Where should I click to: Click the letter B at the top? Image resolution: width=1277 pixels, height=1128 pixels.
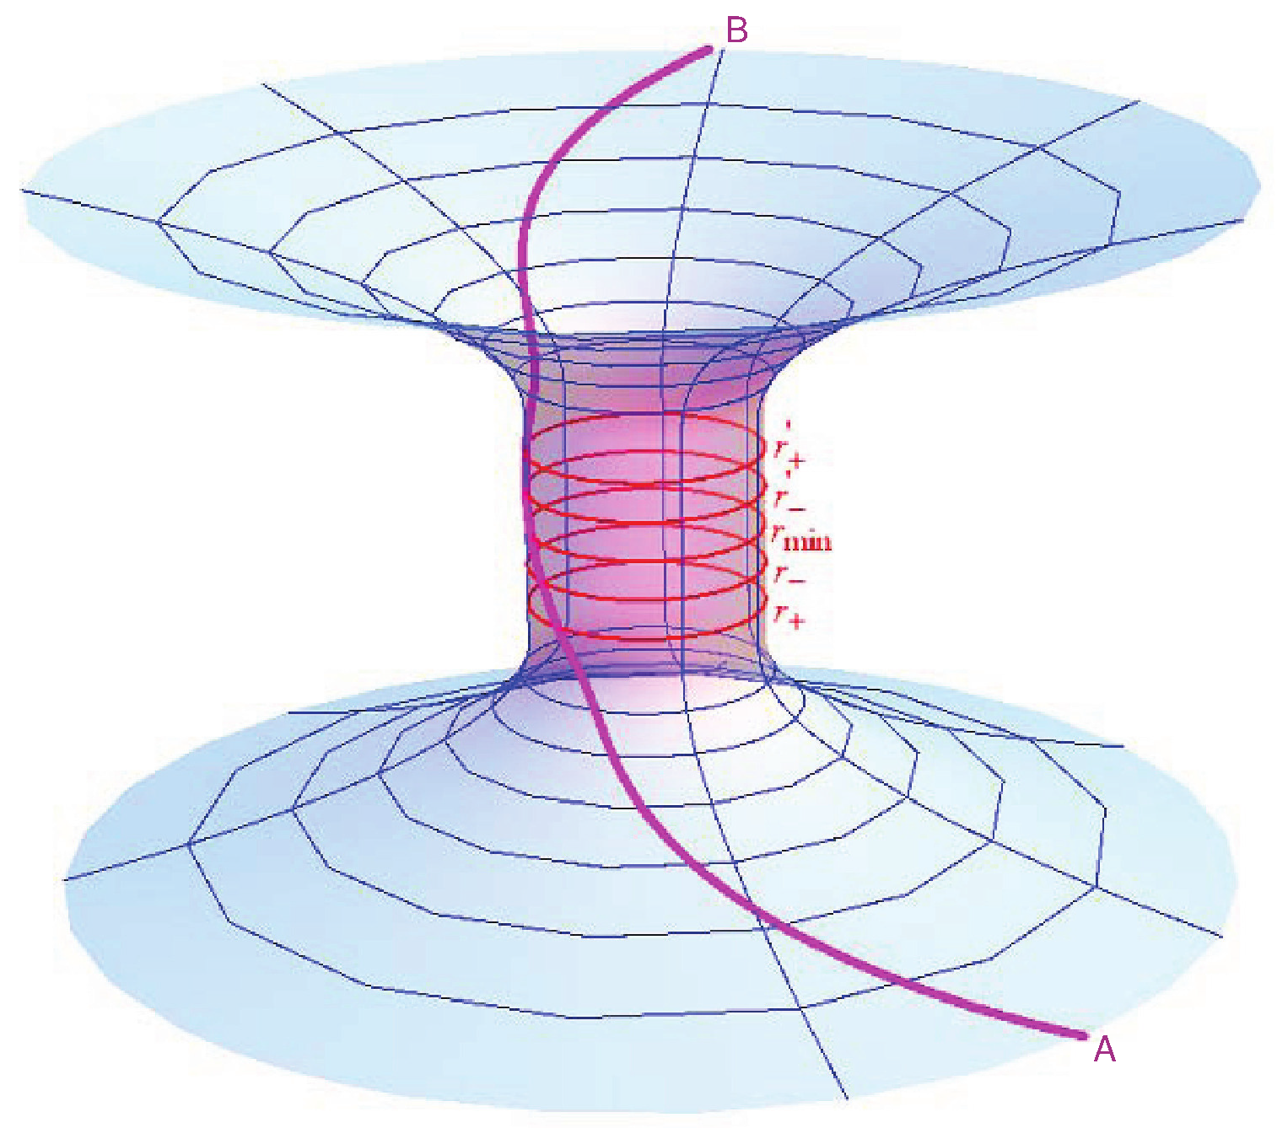[736, 31]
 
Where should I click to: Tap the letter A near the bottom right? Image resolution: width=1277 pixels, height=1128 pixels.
[1104, 1050]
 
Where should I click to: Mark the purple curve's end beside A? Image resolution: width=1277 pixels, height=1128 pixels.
[1082, 1034]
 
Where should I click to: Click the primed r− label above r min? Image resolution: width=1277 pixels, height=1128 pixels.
[789, 499]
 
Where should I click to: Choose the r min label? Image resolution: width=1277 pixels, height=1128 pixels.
[801, 537]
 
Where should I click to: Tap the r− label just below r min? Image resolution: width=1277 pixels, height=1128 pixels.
[789, 577]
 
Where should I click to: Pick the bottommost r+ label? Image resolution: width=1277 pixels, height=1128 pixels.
[789, 616]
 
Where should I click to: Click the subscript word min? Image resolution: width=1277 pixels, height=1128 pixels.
[808, 541]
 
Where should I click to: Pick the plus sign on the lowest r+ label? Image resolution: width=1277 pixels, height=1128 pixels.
[796, 621]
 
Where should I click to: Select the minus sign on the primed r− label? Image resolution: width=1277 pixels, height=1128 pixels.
[796, 508]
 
